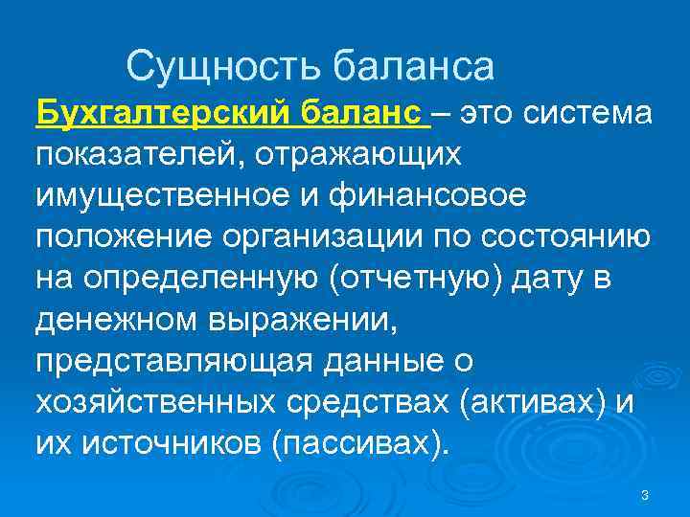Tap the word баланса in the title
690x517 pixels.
pos(414,66)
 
